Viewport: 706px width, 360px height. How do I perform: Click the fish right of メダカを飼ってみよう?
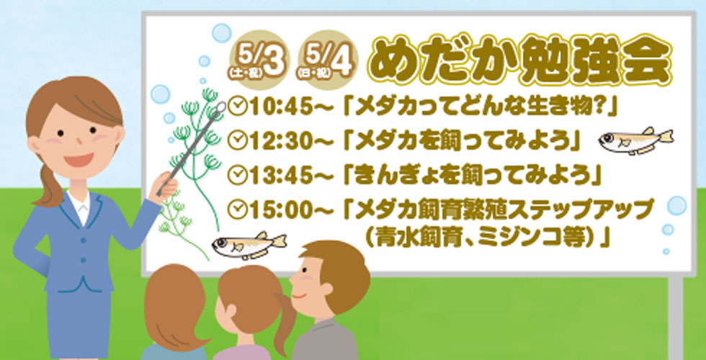(x=635, y=139)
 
